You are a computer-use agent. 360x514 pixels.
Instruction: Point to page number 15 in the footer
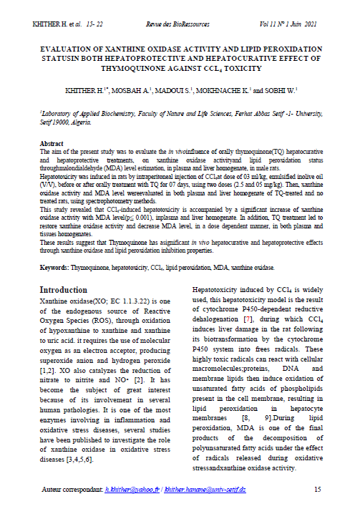pos(318,489)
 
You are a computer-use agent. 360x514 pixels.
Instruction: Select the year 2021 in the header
pos(310,24)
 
